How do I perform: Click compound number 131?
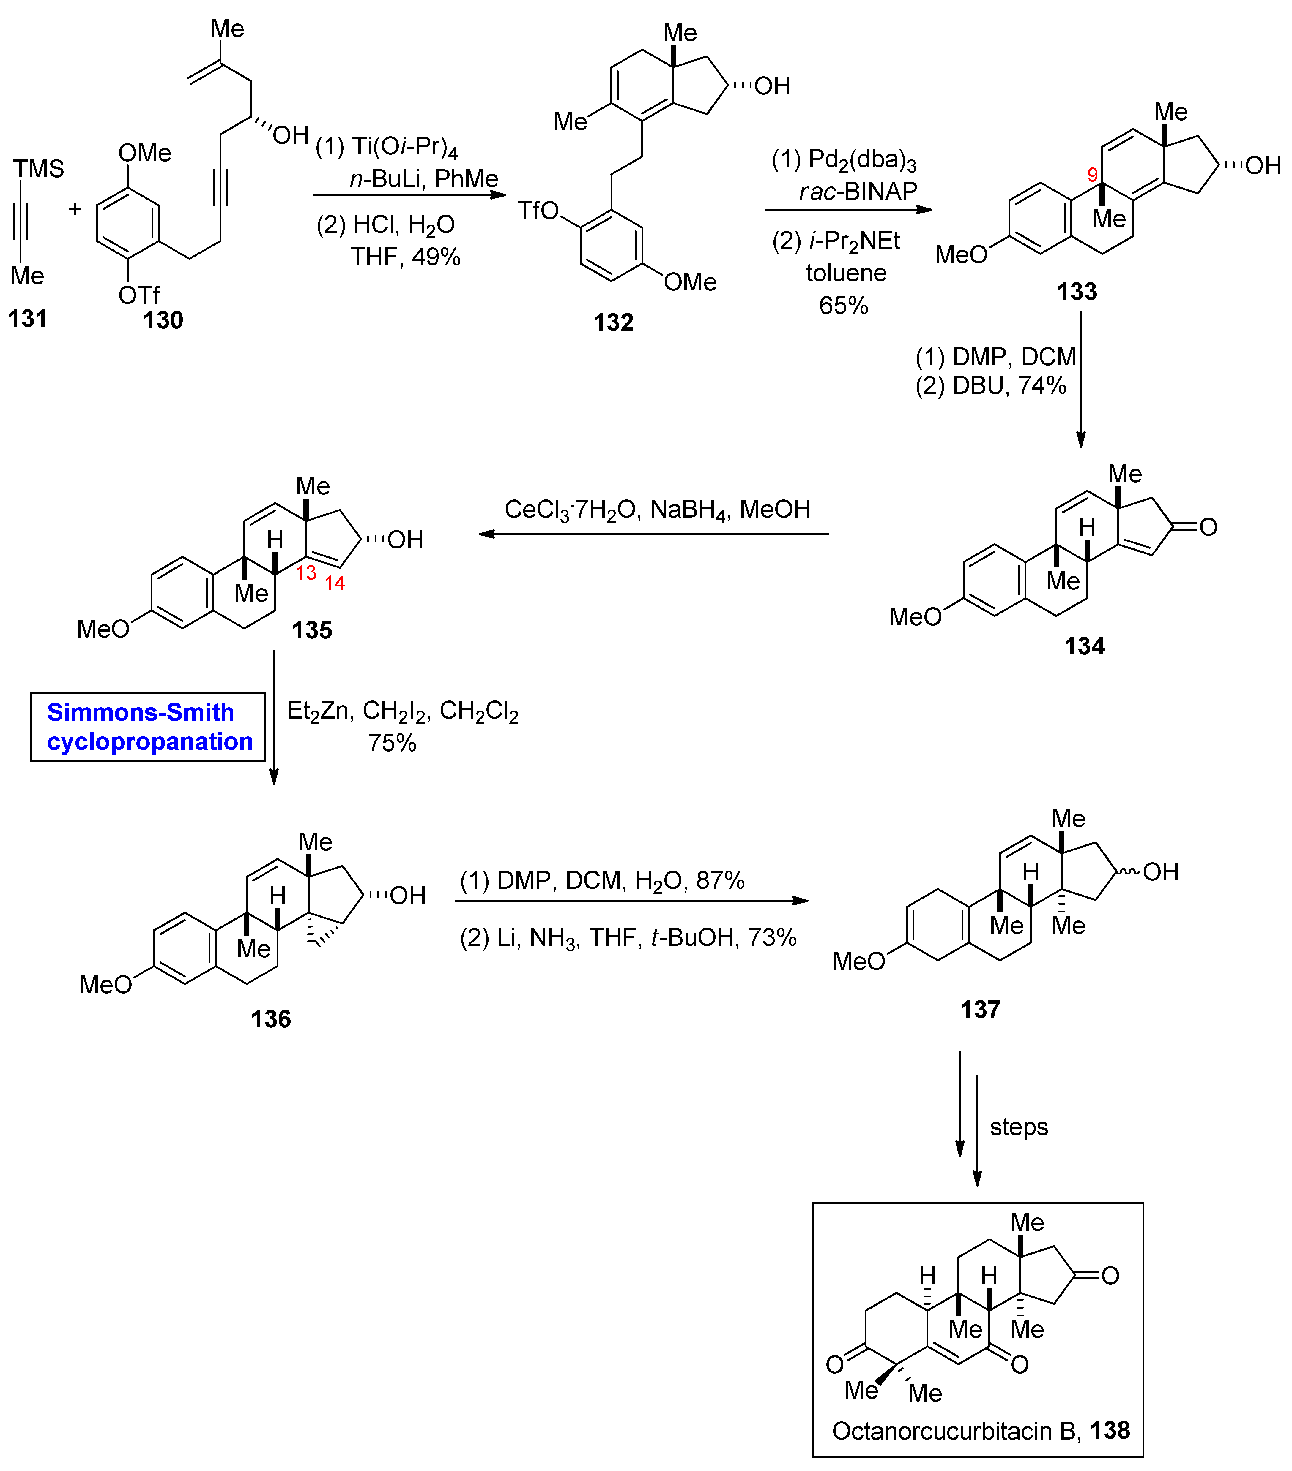27,318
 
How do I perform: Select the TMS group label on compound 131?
39,169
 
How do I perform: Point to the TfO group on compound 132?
538,211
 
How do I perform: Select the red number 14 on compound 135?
334,583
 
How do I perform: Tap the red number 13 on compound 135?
306,573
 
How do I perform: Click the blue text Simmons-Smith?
141,712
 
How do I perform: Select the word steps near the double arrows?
1018,1126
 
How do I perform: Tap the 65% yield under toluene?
843,305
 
